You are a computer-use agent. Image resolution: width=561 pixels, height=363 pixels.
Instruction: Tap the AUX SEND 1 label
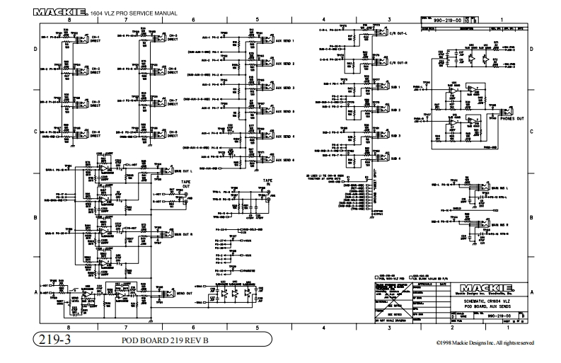[285, 42]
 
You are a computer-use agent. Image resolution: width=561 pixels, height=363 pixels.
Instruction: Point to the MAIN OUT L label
[183, 171]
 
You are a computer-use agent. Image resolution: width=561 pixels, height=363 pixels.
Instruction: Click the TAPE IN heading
[267, 182]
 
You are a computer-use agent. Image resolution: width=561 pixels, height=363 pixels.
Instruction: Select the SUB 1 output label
[394, 87]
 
